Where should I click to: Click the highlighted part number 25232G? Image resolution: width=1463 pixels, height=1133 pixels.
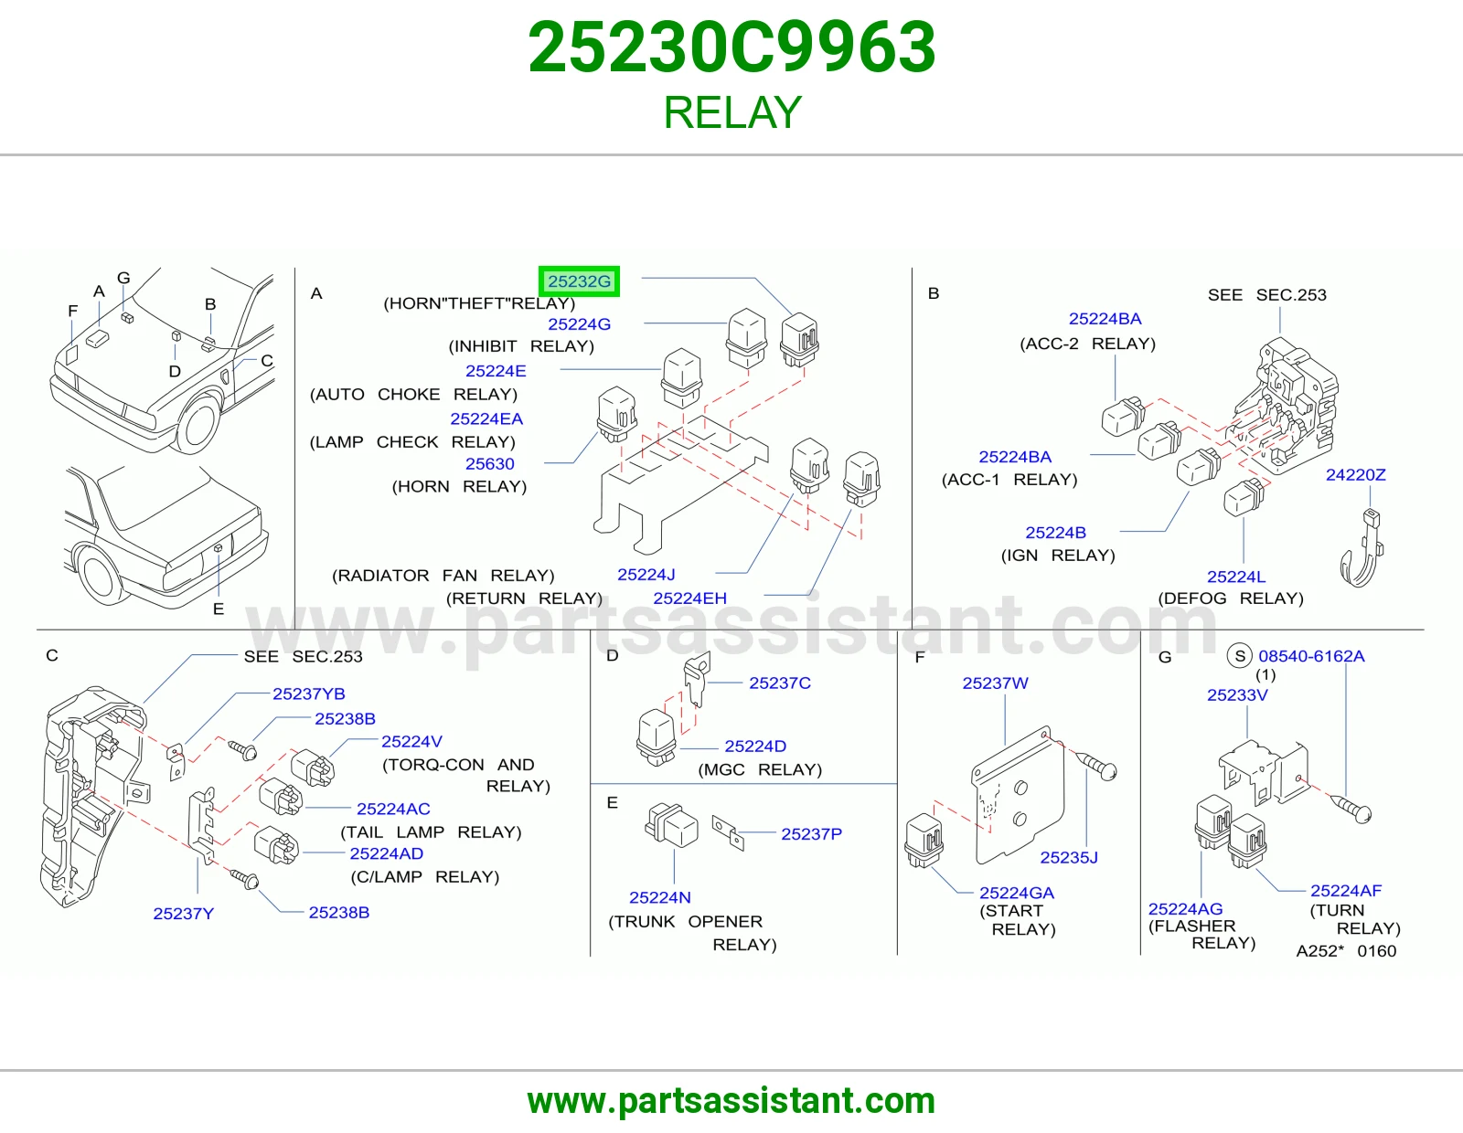[x=579, y=281]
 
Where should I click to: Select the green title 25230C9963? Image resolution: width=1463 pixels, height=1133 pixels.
[x=731, y=48]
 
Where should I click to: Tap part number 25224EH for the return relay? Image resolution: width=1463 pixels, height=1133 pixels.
[x=690, y=598]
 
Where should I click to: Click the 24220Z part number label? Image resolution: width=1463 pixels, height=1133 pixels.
[x=1355, y=475]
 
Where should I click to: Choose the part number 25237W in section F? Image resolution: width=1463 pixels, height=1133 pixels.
[x=995, y=683]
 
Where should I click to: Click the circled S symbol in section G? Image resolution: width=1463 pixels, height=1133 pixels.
[x=1240, y=655]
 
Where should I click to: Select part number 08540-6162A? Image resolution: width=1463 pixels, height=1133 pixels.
[x=1311, y=656]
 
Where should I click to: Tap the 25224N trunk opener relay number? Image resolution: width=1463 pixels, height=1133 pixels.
[x=660, y=897]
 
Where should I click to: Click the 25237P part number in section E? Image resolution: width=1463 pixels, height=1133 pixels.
[x=811, y=834]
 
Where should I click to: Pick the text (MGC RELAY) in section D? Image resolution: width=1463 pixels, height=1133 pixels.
[x=760, y=769]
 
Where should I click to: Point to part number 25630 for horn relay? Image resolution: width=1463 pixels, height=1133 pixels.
[x=489, y=464]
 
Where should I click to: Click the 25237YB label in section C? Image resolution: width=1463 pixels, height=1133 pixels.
[x=308, y=694]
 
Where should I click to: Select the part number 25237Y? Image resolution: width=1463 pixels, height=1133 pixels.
[x=183, y=914]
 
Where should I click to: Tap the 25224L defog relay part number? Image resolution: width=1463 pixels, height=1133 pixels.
[x=1236, y=577]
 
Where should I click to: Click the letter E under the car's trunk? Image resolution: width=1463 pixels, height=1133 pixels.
[x=219, y=609]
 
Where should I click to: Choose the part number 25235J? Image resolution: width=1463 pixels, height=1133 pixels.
[x=1069, y=858]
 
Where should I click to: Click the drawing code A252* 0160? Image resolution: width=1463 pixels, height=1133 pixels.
[x=1346, y=951]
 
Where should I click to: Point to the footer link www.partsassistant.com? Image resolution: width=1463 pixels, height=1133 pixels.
[x=731, y=1101]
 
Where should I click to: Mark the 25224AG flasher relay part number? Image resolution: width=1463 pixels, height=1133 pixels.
[x=1185, y=909]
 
